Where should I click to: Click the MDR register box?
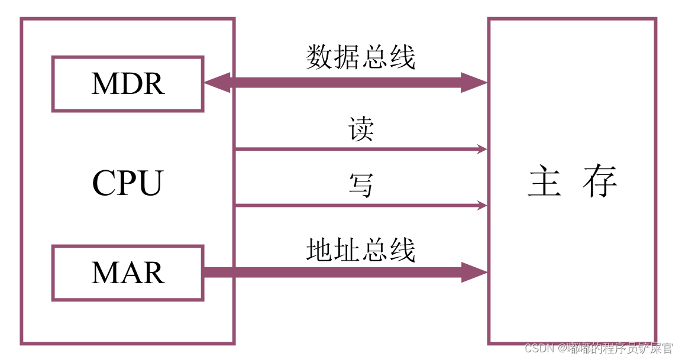pos(128,84)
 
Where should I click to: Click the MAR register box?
pos(128,273)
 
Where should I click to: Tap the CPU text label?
pos(127,183)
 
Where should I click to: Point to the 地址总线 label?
pos(360,250)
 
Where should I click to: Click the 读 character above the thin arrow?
pos(361,129)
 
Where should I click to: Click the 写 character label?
pos(361,185)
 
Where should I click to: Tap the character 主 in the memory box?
pos(544,182)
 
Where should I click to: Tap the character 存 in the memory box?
pos(599,182)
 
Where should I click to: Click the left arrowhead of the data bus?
pos(216,83)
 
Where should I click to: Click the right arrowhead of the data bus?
pos(474,83)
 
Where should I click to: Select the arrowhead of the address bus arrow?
pos(474,273)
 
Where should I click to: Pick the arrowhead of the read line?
pos(481,150)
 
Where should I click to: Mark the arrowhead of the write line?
pos(481,206)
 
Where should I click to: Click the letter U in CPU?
pos(150,183)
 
